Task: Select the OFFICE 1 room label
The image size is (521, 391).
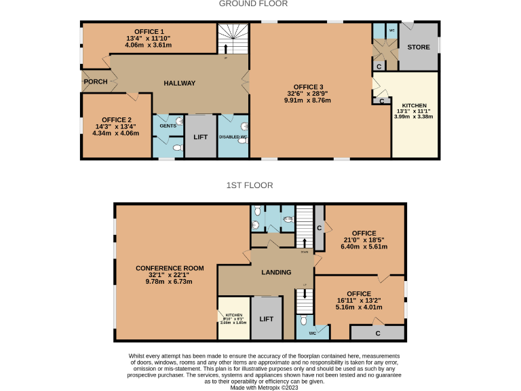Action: (x=149, y=31)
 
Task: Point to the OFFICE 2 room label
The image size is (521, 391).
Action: (x=115, y=119)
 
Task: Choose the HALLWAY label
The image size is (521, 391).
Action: (x=180, y=83)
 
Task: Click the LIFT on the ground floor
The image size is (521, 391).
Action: (x=201, y=137)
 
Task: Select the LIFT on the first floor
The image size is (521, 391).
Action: (x=267, y=318)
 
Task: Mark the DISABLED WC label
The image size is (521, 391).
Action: (x=233, y=138)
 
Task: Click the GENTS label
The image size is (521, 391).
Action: (x=168, y=126)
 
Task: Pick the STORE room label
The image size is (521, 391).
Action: (x=417, y=48)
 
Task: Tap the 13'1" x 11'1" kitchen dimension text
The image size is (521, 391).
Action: (x=414, y=111)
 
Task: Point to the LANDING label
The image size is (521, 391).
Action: (x=276, y=272)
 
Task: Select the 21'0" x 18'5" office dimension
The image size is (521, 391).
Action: (x=364, y=240)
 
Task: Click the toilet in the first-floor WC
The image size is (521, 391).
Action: (x=304, y=320)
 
